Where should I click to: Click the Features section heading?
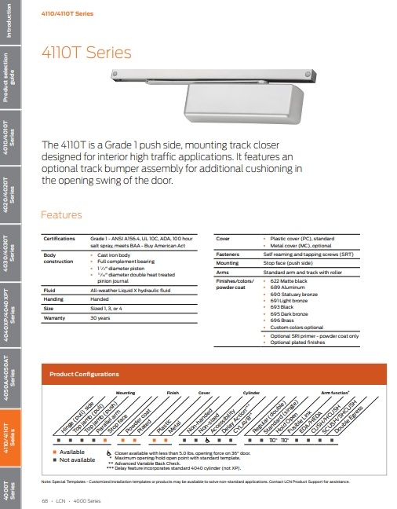(x=60, y=214)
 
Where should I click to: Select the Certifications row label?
(x=59, y=237)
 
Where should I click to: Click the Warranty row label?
(x=54, y=317)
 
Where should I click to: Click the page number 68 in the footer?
(x=45, y=500)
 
